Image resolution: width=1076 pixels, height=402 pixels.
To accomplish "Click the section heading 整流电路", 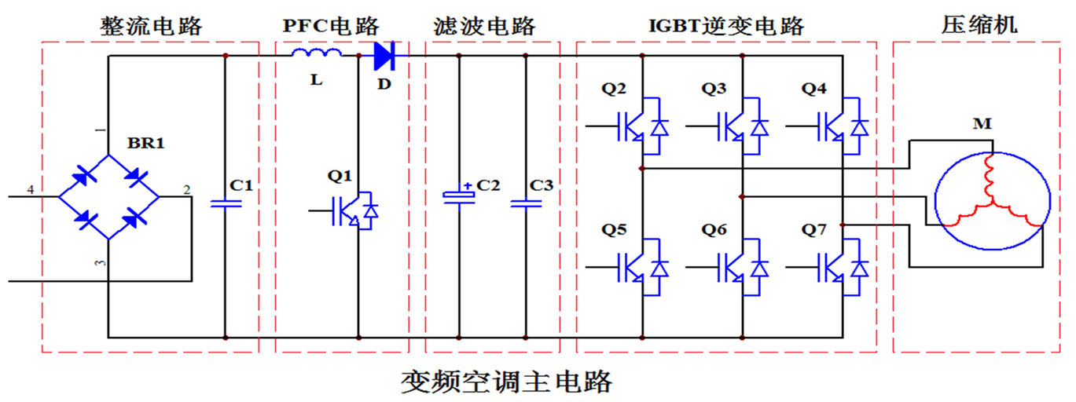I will (x=152, y=25).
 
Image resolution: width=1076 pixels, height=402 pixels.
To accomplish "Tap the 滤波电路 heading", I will (x=484, y=25).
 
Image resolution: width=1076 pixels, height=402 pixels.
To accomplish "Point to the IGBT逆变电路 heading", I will (x=725, y=25).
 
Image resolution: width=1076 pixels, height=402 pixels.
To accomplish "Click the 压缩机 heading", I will (x=979, y=25).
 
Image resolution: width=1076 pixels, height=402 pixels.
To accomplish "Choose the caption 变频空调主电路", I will (x=506, y=382).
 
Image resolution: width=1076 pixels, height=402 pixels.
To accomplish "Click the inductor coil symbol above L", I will (x=317, y=54).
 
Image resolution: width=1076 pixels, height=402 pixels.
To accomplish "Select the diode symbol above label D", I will (x=384, y=55).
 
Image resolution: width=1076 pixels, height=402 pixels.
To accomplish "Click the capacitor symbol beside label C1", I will (x=226, y=203).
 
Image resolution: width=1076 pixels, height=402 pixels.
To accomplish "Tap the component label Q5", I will (x=615, y=231).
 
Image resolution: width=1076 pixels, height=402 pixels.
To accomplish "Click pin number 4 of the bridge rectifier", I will (x=31, y=189).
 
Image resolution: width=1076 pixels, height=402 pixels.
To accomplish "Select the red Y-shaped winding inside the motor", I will (x=989, y=199).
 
